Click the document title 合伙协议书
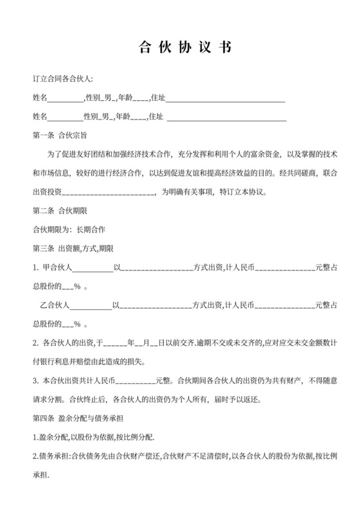click(179, 48)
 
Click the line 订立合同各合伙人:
click(62, 79)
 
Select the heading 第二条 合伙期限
click(60, 210)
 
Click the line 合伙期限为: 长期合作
click(69, 229)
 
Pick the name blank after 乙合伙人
click(95, 305)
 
